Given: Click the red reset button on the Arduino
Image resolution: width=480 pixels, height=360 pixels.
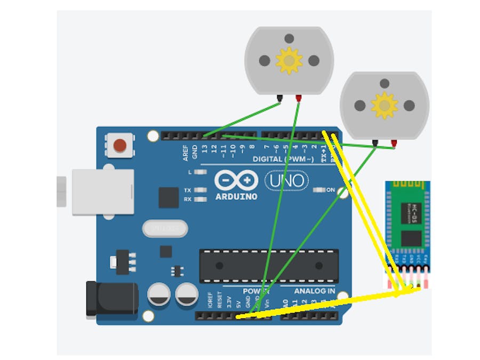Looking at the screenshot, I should click(121, 145).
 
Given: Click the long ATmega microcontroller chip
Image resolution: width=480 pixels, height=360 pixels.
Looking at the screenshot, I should click(269, 266).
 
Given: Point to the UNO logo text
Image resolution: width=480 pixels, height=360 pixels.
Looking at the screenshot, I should click(286, 181).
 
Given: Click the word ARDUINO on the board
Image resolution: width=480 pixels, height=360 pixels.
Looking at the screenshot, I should click(236, 196).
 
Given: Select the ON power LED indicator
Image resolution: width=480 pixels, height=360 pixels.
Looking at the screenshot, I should click(319, 189).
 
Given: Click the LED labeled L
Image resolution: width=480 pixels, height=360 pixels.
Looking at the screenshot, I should click(201, 172).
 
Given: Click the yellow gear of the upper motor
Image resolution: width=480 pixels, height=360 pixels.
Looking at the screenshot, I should click(289, 60).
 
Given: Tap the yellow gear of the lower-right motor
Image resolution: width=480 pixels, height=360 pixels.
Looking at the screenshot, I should click(384, 105).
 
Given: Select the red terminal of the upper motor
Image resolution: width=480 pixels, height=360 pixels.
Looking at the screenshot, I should click(299, 98).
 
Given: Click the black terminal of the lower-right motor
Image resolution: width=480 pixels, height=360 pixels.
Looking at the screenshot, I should click(375, 143).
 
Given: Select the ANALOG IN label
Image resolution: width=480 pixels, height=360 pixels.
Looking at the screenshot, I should click(315, 291).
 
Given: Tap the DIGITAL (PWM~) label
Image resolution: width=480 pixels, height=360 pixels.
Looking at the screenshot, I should click(285, 159).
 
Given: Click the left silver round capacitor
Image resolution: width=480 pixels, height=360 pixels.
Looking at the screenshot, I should click(159, 294).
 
